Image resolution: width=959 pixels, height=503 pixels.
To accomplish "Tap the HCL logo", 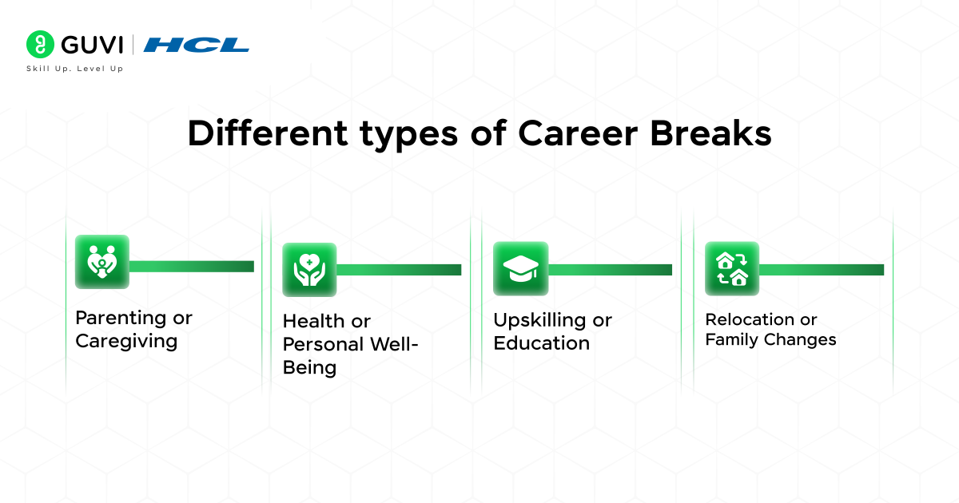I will pyautogui.click(x=196, y=45).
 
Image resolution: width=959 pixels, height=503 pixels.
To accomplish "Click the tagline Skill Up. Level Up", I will pyautogui.click(x=75, y=69).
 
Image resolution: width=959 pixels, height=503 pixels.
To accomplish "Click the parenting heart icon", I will pyautogui.click(x=101, y=262).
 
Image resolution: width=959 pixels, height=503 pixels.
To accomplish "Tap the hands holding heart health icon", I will pyautogui.click(x=309, y=270).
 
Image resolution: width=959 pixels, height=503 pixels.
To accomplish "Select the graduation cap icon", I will pyautogui.click(x=520, y=268).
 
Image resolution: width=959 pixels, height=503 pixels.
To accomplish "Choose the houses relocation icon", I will pyautogui.click(x=731, y=268).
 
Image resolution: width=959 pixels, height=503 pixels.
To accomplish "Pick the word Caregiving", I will pyautogui.click(x=125, y=342).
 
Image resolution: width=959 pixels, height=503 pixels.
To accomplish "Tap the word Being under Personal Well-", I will pyautogui.click(x=309, y=367).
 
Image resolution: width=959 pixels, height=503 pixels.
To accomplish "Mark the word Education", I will pyautogui.click(x=541, y=343).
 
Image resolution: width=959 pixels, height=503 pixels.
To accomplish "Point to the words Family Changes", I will pyautogui.click(x=770, y=340).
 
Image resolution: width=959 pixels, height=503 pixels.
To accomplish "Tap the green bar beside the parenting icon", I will pyautogui.click(x=191, y=266).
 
